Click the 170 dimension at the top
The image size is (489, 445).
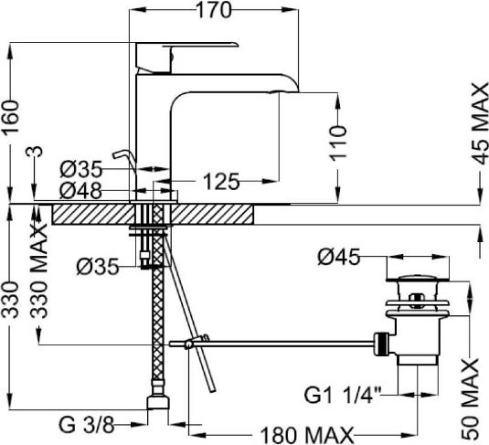point(214,10)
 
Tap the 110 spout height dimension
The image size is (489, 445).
point(338,143)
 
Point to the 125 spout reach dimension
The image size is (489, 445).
point(221,181)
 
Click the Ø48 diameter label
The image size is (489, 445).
point(80,191)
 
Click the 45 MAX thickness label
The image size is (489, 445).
point(480,123)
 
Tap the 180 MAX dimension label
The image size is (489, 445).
point(307,434)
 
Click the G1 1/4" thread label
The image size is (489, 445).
point(343,396)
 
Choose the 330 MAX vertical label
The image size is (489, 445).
point(40,271)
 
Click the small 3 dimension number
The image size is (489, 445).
point(37,152)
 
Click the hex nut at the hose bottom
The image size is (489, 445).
point(158,402)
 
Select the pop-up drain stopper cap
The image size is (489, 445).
point(419,278)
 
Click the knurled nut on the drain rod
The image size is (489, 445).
point(382,344)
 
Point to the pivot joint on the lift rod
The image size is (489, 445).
point(188,344)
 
